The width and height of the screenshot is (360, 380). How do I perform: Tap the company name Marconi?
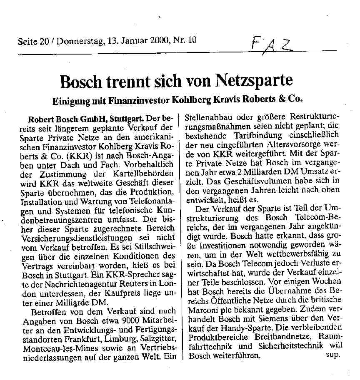point(203,309)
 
